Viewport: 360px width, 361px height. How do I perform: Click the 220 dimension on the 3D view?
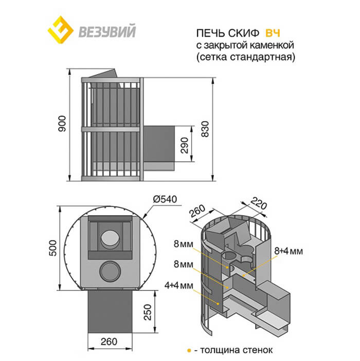click(x=259, y=204)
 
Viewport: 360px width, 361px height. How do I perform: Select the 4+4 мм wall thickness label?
click(x=178, y=285)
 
